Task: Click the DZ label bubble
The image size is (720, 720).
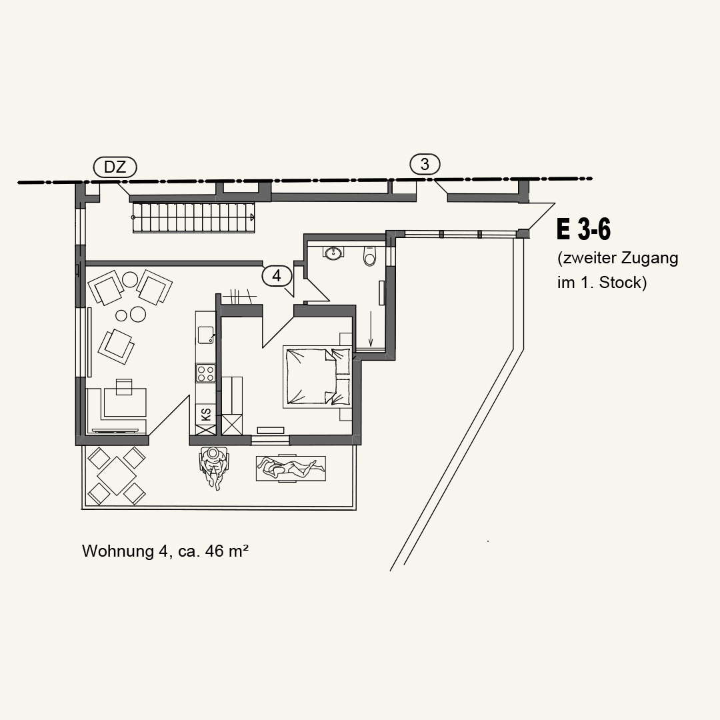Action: point(115,167)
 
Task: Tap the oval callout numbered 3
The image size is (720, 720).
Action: point(425,165)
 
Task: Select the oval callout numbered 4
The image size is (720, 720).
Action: point(277,275)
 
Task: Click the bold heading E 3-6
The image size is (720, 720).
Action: point(583,229)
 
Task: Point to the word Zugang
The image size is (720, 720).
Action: point(649,259)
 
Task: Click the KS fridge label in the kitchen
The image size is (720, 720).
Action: point(206,415)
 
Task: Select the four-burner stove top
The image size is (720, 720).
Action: point(206,373)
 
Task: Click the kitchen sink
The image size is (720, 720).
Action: point(206,335)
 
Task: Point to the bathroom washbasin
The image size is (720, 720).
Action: point(333,252)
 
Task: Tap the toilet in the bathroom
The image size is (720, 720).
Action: point(369,256)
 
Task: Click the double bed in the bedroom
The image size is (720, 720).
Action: point(317,376)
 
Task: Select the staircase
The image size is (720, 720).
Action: point(194,217)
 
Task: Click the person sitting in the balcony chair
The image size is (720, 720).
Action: point(213,467)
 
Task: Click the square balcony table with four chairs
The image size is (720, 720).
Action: point(117,476)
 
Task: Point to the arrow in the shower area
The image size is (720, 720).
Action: point(371,329)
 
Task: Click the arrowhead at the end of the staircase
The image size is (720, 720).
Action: point(253,217)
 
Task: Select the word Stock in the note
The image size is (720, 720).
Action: point(623,283)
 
